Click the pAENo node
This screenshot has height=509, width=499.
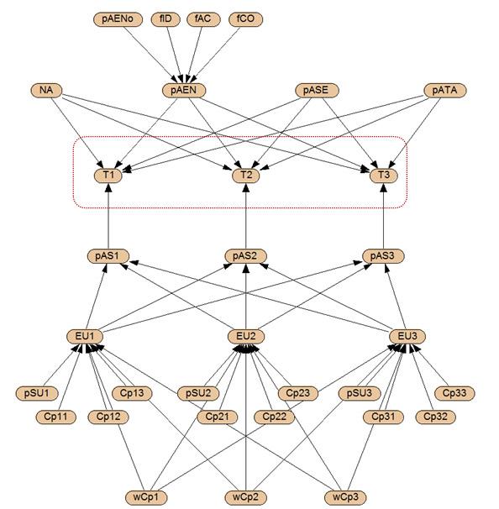(118, 19)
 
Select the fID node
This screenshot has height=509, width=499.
(165, 19)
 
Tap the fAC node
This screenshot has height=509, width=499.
(203, 19)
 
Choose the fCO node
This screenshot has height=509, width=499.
(245, 19)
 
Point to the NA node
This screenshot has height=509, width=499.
(46, 90)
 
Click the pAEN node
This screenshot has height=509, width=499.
(184, 90)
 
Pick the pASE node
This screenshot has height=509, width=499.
(317, 90)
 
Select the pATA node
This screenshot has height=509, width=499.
(444, 90)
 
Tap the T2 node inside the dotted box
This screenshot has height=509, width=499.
(246, 176)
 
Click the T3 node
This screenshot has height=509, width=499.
(384, 176)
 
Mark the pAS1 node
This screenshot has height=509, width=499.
(108, 256)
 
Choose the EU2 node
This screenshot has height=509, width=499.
(246, 337)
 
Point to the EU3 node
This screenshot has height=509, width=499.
(407, 337)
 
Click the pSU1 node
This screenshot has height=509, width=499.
(37, 393)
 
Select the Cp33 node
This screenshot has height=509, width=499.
(454, 393)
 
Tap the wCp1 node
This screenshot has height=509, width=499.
(146, 497)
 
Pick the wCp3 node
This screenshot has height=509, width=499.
(345, 497)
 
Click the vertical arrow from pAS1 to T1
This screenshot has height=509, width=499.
(108, 216)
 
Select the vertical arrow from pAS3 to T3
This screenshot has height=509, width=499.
(384, 216)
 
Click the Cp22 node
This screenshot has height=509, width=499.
(274, 417)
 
